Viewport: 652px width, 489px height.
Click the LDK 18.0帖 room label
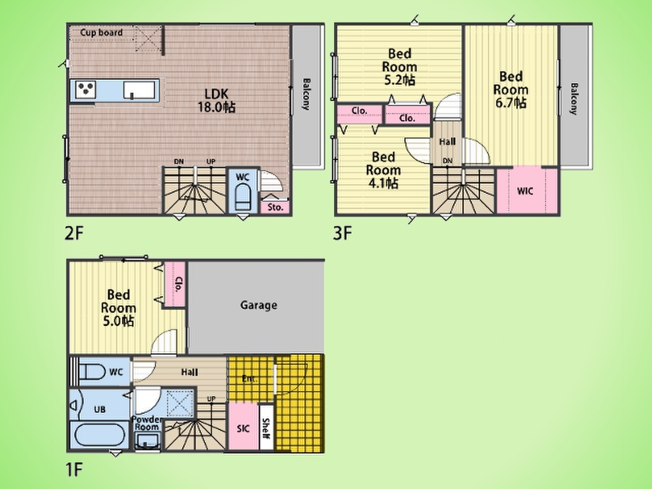point(216,101)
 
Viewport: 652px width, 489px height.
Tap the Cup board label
point(101,33)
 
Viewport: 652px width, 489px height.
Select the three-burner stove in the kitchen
point(86,89)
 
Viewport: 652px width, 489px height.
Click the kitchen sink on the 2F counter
point(139,90)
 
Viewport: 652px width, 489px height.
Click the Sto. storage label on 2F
point(276,207)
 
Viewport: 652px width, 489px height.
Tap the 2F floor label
point(74,233)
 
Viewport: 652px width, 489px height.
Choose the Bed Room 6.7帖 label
point(510,90)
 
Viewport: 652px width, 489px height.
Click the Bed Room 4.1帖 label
point(383,170)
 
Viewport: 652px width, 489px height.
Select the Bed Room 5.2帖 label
point(399,67)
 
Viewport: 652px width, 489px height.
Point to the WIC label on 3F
point(525,191)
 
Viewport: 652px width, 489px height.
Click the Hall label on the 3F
point(447,142)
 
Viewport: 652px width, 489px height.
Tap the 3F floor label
point(342,233)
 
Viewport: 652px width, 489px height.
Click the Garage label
point(259,305)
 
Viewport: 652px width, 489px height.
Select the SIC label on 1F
point(243,428)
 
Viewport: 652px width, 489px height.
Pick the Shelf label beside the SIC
point(266,429)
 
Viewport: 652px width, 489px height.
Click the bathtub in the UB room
point(99,435)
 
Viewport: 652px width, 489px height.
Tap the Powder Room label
point(147,423)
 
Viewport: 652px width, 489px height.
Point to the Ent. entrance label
point(250,379)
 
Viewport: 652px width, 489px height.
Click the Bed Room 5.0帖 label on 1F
point(118,308)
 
